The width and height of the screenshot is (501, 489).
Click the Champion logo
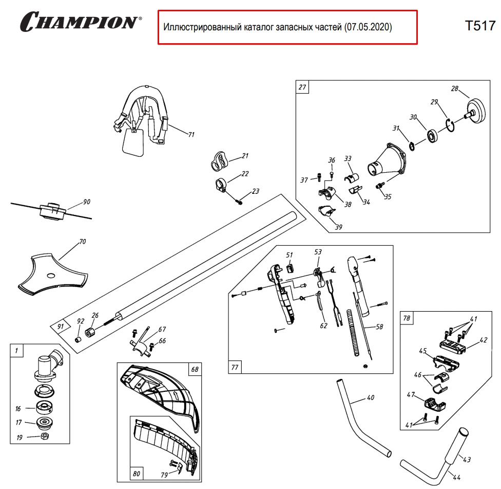tap(81, 22)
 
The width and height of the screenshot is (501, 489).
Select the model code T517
tap(479, 26)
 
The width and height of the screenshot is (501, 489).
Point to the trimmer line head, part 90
tap(51, 211)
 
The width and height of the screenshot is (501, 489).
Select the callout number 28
tap(454, 89)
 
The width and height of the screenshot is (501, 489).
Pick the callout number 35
tap(388, 196)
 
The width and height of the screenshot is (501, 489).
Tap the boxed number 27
tap(302, 87)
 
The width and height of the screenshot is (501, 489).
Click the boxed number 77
tap(235, 367)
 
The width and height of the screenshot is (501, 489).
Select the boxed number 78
tap(407, 319)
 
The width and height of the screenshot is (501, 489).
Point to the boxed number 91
tap(60, 327)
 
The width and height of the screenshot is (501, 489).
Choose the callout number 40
tap(371, 398)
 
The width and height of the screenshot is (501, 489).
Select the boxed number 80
tap(137, 473)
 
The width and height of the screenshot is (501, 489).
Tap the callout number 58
tap(379, 327)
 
